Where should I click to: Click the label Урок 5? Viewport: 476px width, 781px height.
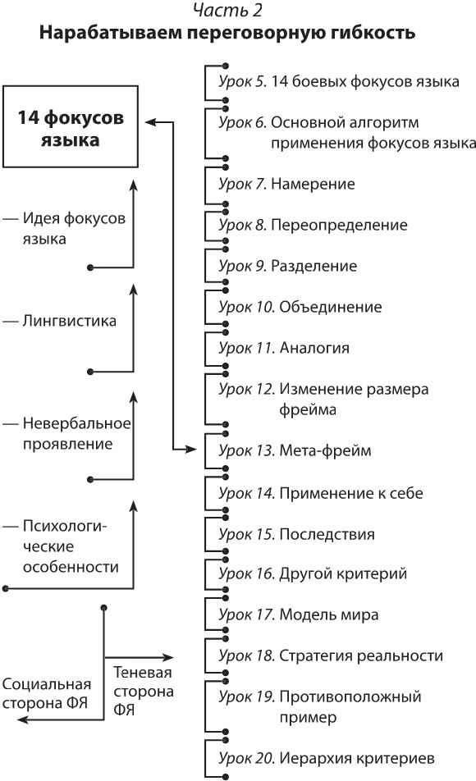click(x=242, y=81)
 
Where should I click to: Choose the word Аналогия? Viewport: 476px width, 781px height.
click(x=315, y=348)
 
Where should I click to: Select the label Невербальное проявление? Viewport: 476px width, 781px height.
click(x=67, y=434)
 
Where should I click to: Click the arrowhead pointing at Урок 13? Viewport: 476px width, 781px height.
click(x=193, y=450)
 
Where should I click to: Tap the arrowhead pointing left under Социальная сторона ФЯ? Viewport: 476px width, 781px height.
click(x=22, y=719)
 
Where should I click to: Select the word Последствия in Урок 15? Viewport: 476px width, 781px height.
click(x=327, y=533)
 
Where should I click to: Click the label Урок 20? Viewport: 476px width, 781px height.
click(x=246, y=757)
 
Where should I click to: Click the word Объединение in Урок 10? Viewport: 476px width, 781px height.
click(x=331, y=308)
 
